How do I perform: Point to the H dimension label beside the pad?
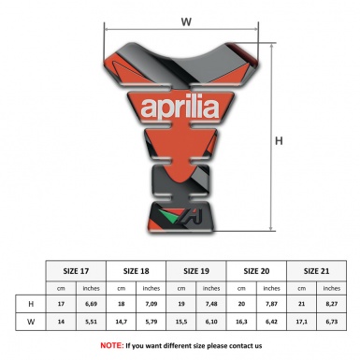click(278, 141)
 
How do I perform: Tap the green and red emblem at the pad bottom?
click(168, 217)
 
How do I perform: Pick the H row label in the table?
click(32, 304)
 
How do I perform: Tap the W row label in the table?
click(32, 322)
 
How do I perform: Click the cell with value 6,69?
click(91, 304)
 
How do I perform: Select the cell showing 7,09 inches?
click(151, 304)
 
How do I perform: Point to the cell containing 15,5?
click(182, 322)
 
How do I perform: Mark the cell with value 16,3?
click(243, 322)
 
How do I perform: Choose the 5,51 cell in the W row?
click(91, 322)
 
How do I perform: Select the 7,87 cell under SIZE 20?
click(273, 304)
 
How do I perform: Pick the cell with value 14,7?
click(122, 322)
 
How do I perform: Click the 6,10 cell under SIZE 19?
click(212, 322)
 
